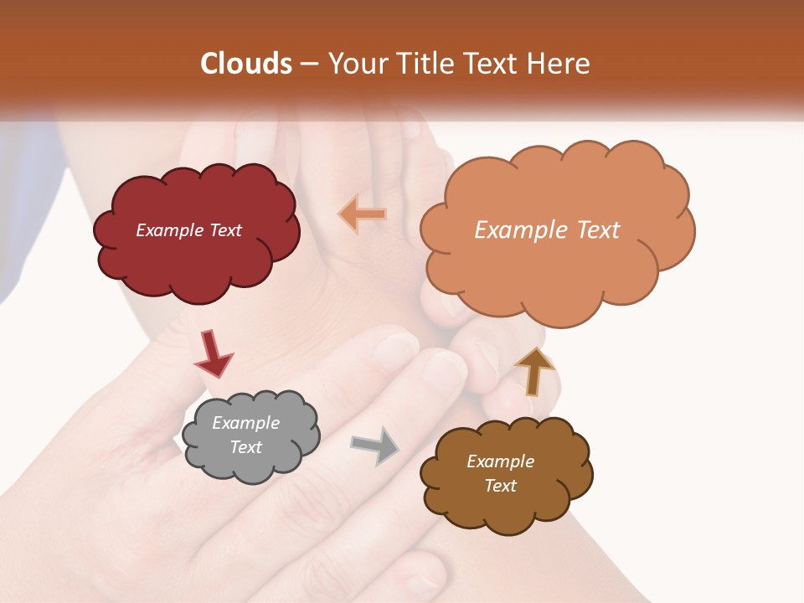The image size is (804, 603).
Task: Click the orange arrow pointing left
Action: [x=362, y=214]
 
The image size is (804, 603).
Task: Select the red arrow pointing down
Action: [x=213, y=353]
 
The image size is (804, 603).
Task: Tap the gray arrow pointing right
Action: [x=375, y=445]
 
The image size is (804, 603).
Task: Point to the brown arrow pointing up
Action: [x=533, y=371]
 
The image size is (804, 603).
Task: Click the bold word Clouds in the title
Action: [x=245, y=64]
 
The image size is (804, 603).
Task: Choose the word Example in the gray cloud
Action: [x=246, y=423]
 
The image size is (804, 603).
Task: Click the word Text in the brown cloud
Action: [x=500, y=486]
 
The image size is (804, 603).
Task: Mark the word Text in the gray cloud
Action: [x=246, y=447]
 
